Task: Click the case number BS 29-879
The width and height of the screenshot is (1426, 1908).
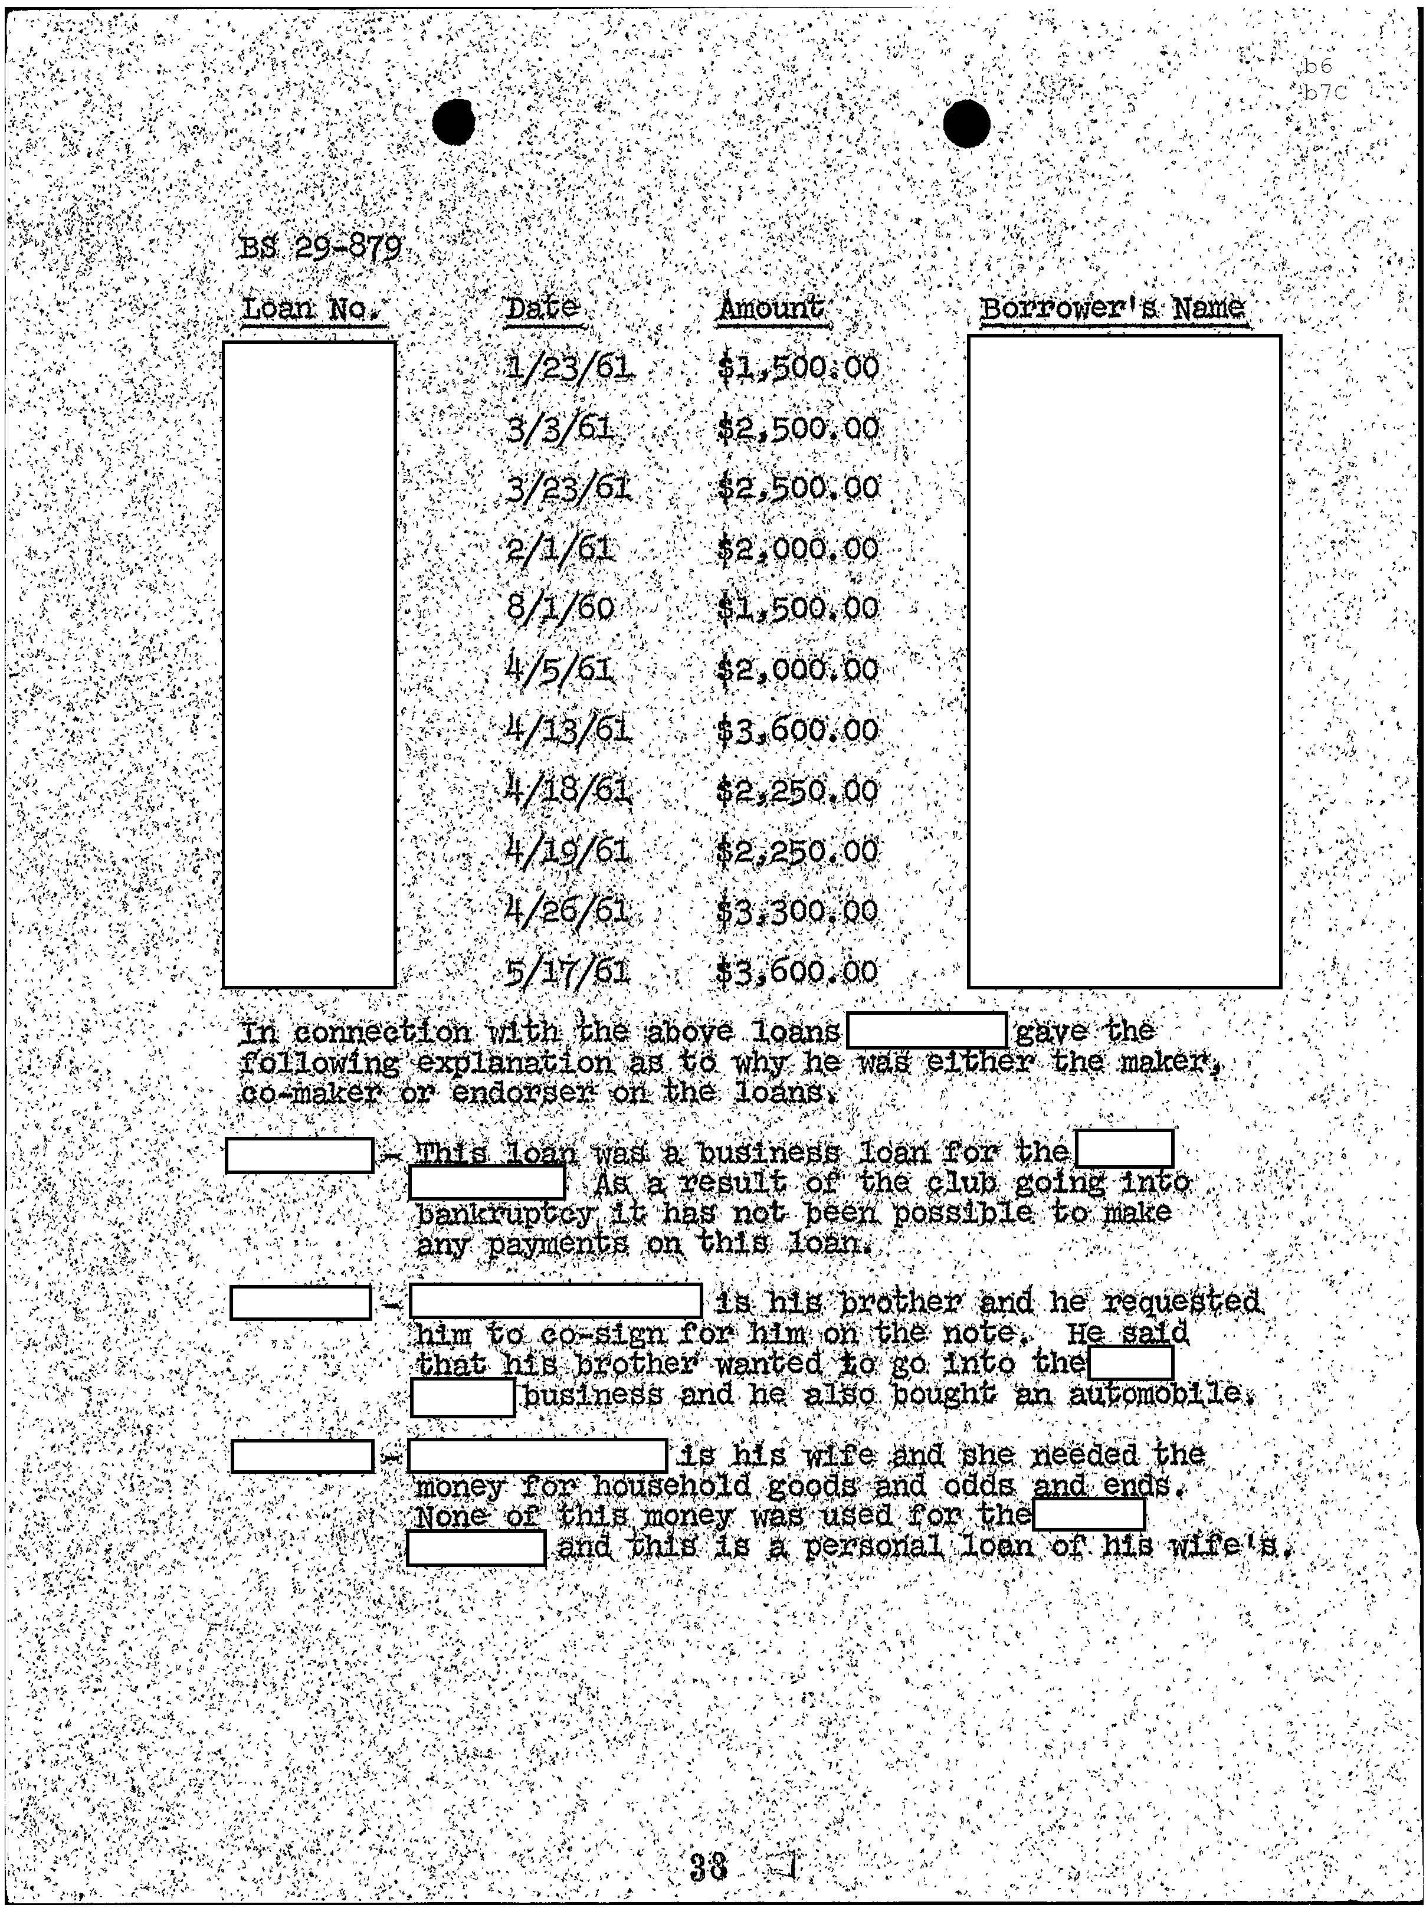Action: pos(321,250)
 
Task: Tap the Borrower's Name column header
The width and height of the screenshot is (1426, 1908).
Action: pos(1114,308)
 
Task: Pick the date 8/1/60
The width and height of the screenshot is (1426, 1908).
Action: pos(562,608)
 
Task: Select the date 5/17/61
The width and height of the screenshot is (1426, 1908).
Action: pos(568,972)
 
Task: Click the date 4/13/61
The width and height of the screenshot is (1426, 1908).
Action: pos(568,730)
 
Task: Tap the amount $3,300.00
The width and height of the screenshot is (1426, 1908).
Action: pos(798,911)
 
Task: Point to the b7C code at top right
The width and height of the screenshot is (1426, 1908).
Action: pos(1324,93)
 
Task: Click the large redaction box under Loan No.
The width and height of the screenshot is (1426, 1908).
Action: pos(309,664)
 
